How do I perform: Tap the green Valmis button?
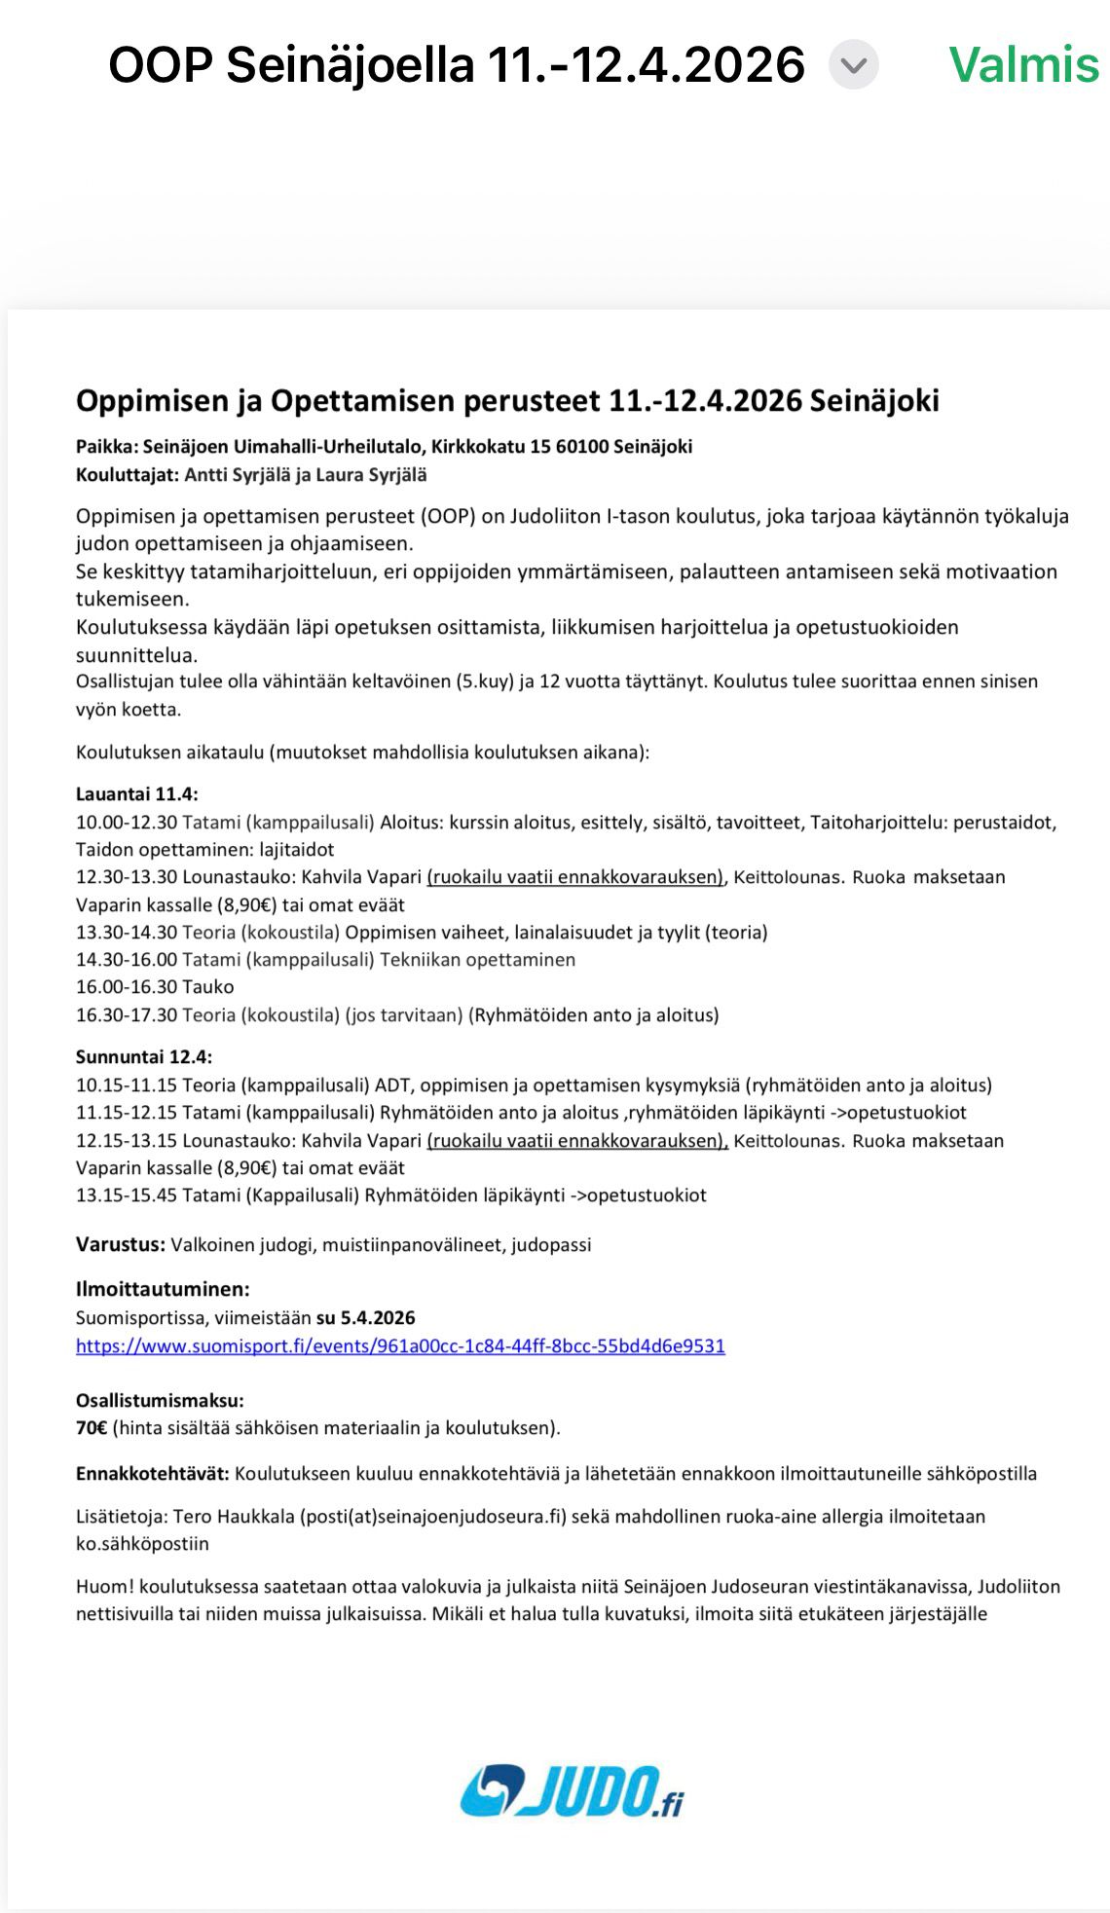(1023, 65)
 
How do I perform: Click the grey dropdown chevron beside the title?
(853, 65)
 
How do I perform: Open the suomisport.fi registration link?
(400, 1345)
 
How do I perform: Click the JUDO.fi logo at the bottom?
(572, 1791)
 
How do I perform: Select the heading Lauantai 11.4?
(136, 794)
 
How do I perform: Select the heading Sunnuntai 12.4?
(144, 1056)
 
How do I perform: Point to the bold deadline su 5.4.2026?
(365, 1318)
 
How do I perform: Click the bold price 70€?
(92, 1428)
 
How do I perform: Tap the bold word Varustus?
(121, 1244)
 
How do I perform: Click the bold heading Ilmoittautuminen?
(163, 1289)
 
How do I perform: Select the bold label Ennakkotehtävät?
(153, 1473)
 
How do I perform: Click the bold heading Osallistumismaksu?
(160, 1401)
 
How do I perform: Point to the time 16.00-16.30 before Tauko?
(127, 987)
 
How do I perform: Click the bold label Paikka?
(106, 447)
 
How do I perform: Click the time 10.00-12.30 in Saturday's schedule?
(127, 823)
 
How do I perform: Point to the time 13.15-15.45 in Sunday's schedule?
(127, 1195)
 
